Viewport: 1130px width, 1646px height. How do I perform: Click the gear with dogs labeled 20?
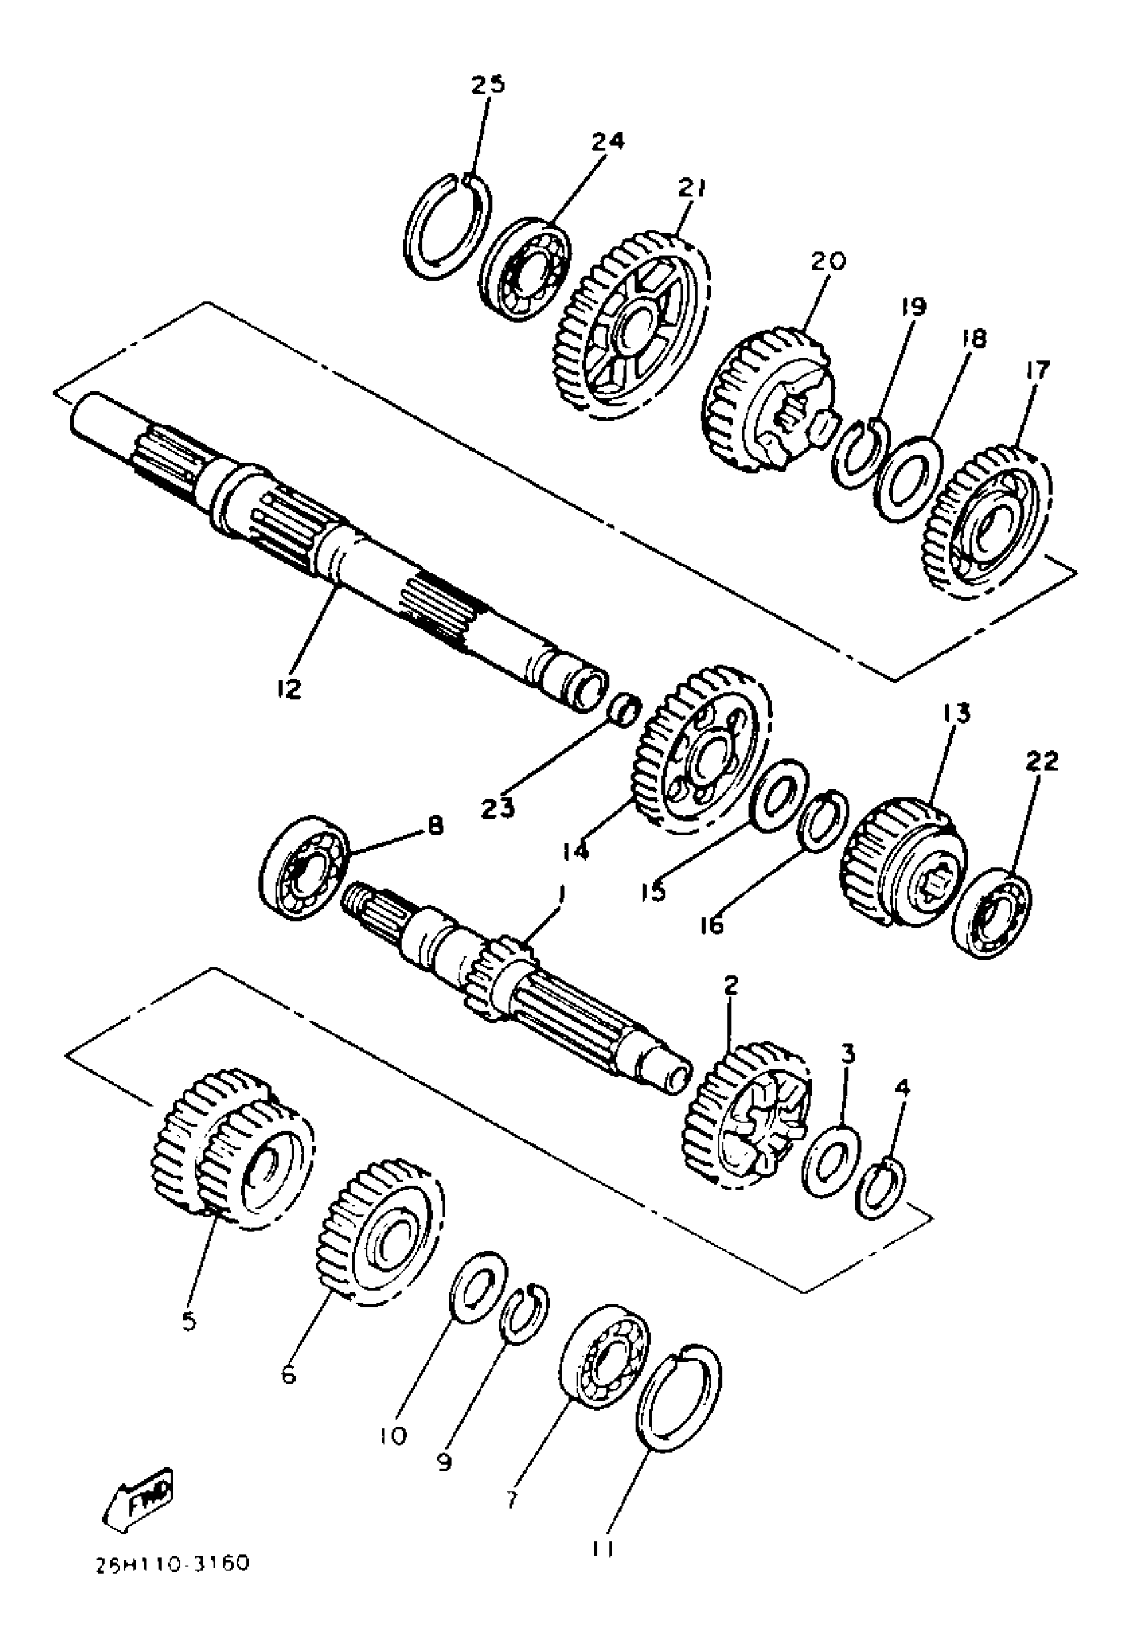(x=768, y=400)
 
